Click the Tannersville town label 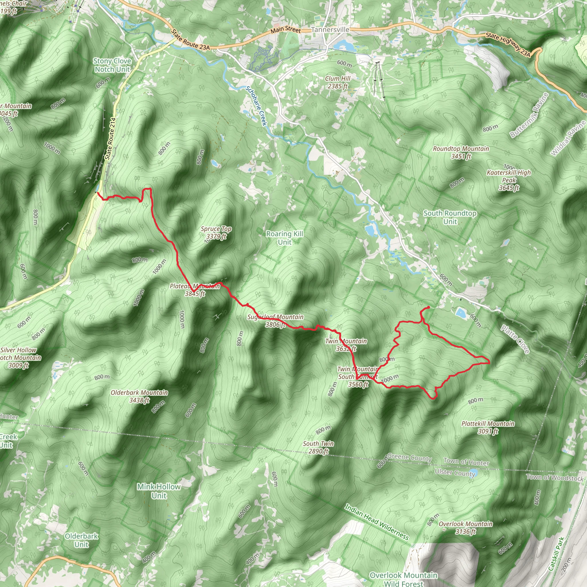(x=330, y=30)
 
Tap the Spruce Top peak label (x=216, y=232)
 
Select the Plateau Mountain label (x=195, y=289)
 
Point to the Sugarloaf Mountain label (x=275, y=320)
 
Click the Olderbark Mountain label (x=139, y=396)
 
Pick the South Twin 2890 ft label (x=318, y=447)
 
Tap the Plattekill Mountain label (x=488, y=427)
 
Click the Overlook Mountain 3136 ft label (x=465, y=527)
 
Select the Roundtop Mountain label (x=461, y=152)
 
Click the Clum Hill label (x=338, y=82)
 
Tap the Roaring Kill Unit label (x=284, y=238)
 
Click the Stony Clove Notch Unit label (x=112, y=65)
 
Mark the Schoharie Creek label (x=256, y=106)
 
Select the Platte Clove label (x=516, y=339)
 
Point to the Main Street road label (x=285, y=30)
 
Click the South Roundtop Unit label (x=450, y=217)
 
